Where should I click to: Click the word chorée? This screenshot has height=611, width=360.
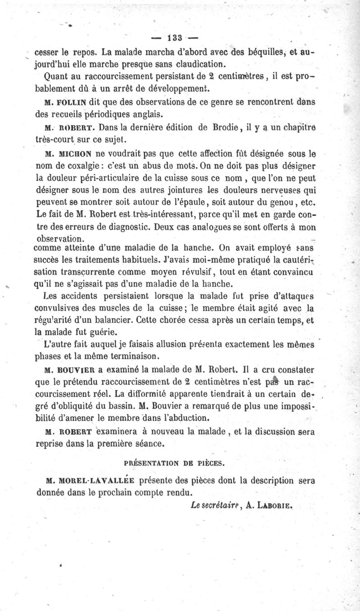pos(192,321)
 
